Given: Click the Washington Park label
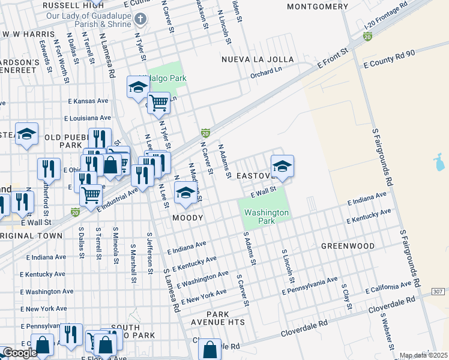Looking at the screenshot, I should coord(267,217).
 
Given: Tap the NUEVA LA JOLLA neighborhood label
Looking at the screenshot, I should coord(258,59).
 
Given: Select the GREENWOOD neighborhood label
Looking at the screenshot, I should coord(348,246).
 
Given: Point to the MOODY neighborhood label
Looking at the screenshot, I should coord(188,218).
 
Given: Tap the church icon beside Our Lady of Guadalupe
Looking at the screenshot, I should coord(140,19).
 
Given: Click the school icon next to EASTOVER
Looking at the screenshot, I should coord(282,166).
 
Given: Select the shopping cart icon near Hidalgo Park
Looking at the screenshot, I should coord(158,103).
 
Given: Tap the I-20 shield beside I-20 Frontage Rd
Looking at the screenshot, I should coord(367,37).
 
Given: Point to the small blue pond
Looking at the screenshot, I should coord(439,161).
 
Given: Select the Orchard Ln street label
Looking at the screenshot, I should coord(265,76).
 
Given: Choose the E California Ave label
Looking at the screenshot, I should coord(394,286).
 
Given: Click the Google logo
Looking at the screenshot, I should coord(19,353).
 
